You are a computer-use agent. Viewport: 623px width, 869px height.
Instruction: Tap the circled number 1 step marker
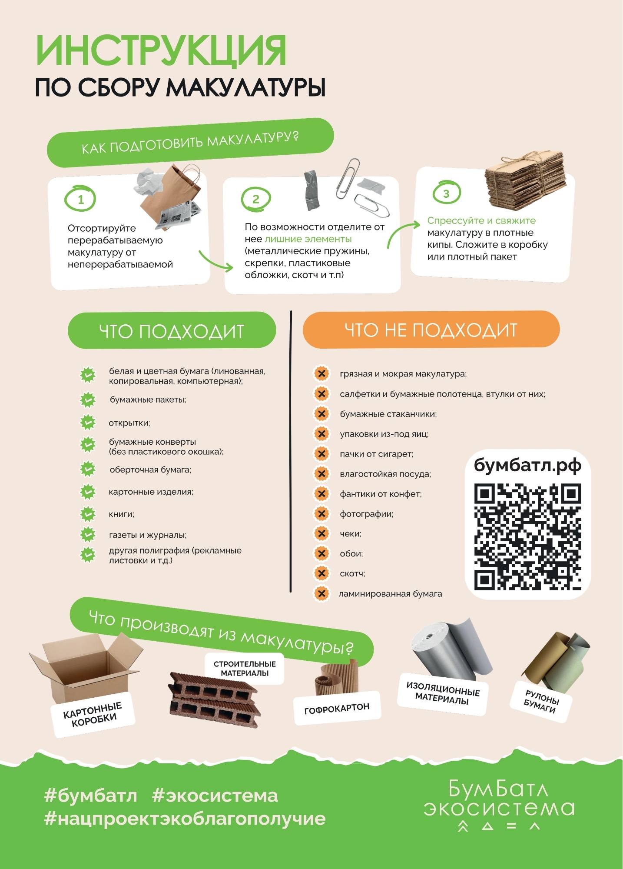(x=80, y=199)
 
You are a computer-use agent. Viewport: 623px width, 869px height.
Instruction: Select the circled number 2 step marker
(x=256, y=199)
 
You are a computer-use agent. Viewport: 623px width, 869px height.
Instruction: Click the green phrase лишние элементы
(x=308, y=239)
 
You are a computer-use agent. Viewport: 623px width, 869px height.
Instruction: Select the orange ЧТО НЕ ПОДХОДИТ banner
(x=431, y=330)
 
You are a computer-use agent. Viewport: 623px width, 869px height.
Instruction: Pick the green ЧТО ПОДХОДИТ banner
(x=172, y=330)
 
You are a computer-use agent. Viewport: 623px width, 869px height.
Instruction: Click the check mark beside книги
(x=88, y=514)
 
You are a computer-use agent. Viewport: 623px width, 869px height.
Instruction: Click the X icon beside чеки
(x=321, y=533)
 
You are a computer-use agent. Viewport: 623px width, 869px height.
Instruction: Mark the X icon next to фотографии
(x=321, y=513)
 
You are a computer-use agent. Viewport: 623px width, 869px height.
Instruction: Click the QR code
(x=528, y=536)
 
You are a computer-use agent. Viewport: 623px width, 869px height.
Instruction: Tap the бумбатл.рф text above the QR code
(x=527, y=465)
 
